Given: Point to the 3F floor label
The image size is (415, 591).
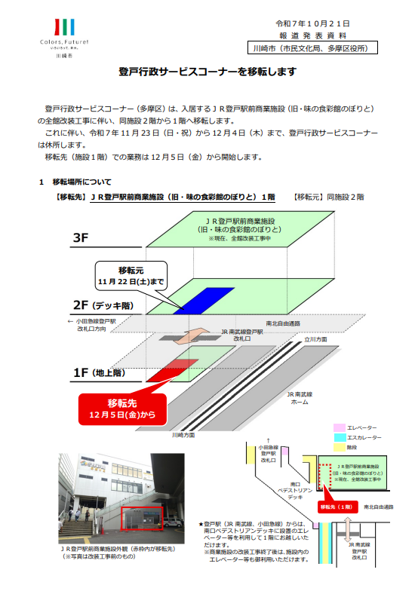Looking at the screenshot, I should (x=81, y=238).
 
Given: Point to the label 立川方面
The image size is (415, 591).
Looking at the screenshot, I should (x=315, y=340).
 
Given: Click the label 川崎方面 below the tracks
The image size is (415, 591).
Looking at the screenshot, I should (x=183, y=435).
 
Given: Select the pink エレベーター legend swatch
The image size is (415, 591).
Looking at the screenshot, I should (x=339, y=427).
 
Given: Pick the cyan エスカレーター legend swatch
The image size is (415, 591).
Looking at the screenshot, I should (x=339, y=437).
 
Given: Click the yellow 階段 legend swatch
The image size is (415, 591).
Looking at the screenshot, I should (x=339, y=447).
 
